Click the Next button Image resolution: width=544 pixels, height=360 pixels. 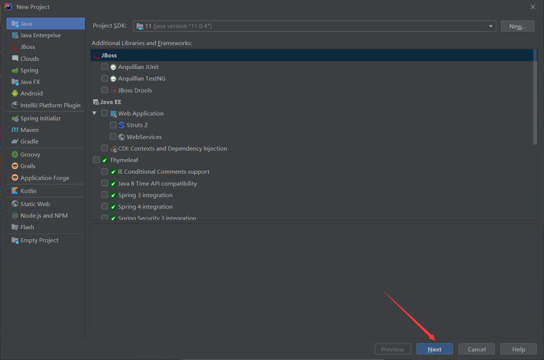(x=434, y=349)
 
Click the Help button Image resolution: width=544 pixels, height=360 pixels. (x=518, y=349)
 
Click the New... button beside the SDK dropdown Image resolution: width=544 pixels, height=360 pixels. (x=517, y=26)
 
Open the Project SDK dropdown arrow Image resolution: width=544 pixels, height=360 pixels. (x=491, y=26)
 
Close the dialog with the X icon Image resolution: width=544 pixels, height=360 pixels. (x=532, y=7)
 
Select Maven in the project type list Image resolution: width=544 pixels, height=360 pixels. (x=29, y=130)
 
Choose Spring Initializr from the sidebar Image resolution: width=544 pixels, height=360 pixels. (x=40, y=118)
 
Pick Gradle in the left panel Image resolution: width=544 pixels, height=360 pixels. (x=29, y=141)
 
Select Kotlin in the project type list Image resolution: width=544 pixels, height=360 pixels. (x=28, y=191)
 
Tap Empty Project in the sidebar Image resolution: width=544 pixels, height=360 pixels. (x=39, y=240)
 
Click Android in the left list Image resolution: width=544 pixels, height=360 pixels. (x=31, y=93)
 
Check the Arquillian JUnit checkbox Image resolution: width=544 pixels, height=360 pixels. (x=104, y=66)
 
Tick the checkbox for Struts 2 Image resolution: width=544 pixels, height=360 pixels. (x=113, y=125)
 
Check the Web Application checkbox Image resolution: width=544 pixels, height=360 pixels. (x=104, y=113)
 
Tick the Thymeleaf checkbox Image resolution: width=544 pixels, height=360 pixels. (x=96, y=160)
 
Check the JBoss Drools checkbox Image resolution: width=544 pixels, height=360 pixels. (x=104, y=90)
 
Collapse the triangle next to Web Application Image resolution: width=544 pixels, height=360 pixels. (x=94, y=113)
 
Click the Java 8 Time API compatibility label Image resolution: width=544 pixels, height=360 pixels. (x=157, y=184)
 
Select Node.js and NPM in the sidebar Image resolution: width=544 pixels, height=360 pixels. (x=44, y=215)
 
